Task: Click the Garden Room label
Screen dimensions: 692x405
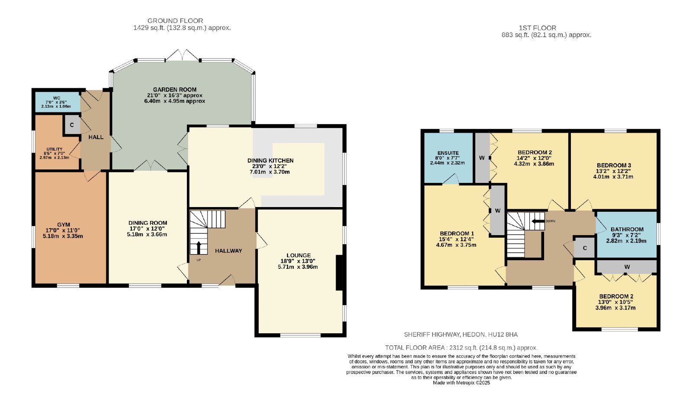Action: (x=175, y=90)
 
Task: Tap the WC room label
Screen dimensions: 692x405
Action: (x=57, y=98)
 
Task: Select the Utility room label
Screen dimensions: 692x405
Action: (x=54, y=149)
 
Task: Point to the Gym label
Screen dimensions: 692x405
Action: (x=64, y=225)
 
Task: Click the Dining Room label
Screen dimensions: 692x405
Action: (x=147, y=223)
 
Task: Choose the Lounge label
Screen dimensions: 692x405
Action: (x=298, y=255)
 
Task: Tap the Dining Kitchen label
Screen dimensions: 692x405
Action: (x=270, y=160)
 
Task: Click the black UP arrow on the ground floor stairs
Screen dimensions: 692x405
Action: (x=199, y=248)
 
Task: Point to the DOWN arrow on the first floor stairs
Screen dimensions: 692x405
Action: (x=538, y=221)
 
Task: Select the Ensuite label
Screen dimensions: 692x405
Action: (x=448, y=153)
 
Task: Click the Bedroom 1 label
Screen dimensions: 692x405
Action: (x=457, y=233)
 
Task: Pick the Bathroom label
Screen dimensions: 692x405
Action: (x=627, y=230)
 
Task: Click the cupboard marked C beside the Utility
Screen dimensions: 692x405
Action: (x=72, y=125)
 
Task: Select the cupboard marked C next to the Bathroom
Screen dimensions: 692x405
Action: (x=585, y=248)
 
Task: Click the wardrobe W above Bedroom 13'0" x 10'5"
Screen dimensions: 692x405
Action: (x=627, y=267)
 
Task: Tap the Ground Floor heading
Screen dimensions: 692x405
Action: (x=175, y=21)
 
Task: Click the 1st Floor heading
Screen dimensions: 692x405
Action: (x=537, y=28)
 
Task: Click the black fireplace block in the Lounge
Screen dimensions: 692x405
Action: (x=339, y=273)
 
